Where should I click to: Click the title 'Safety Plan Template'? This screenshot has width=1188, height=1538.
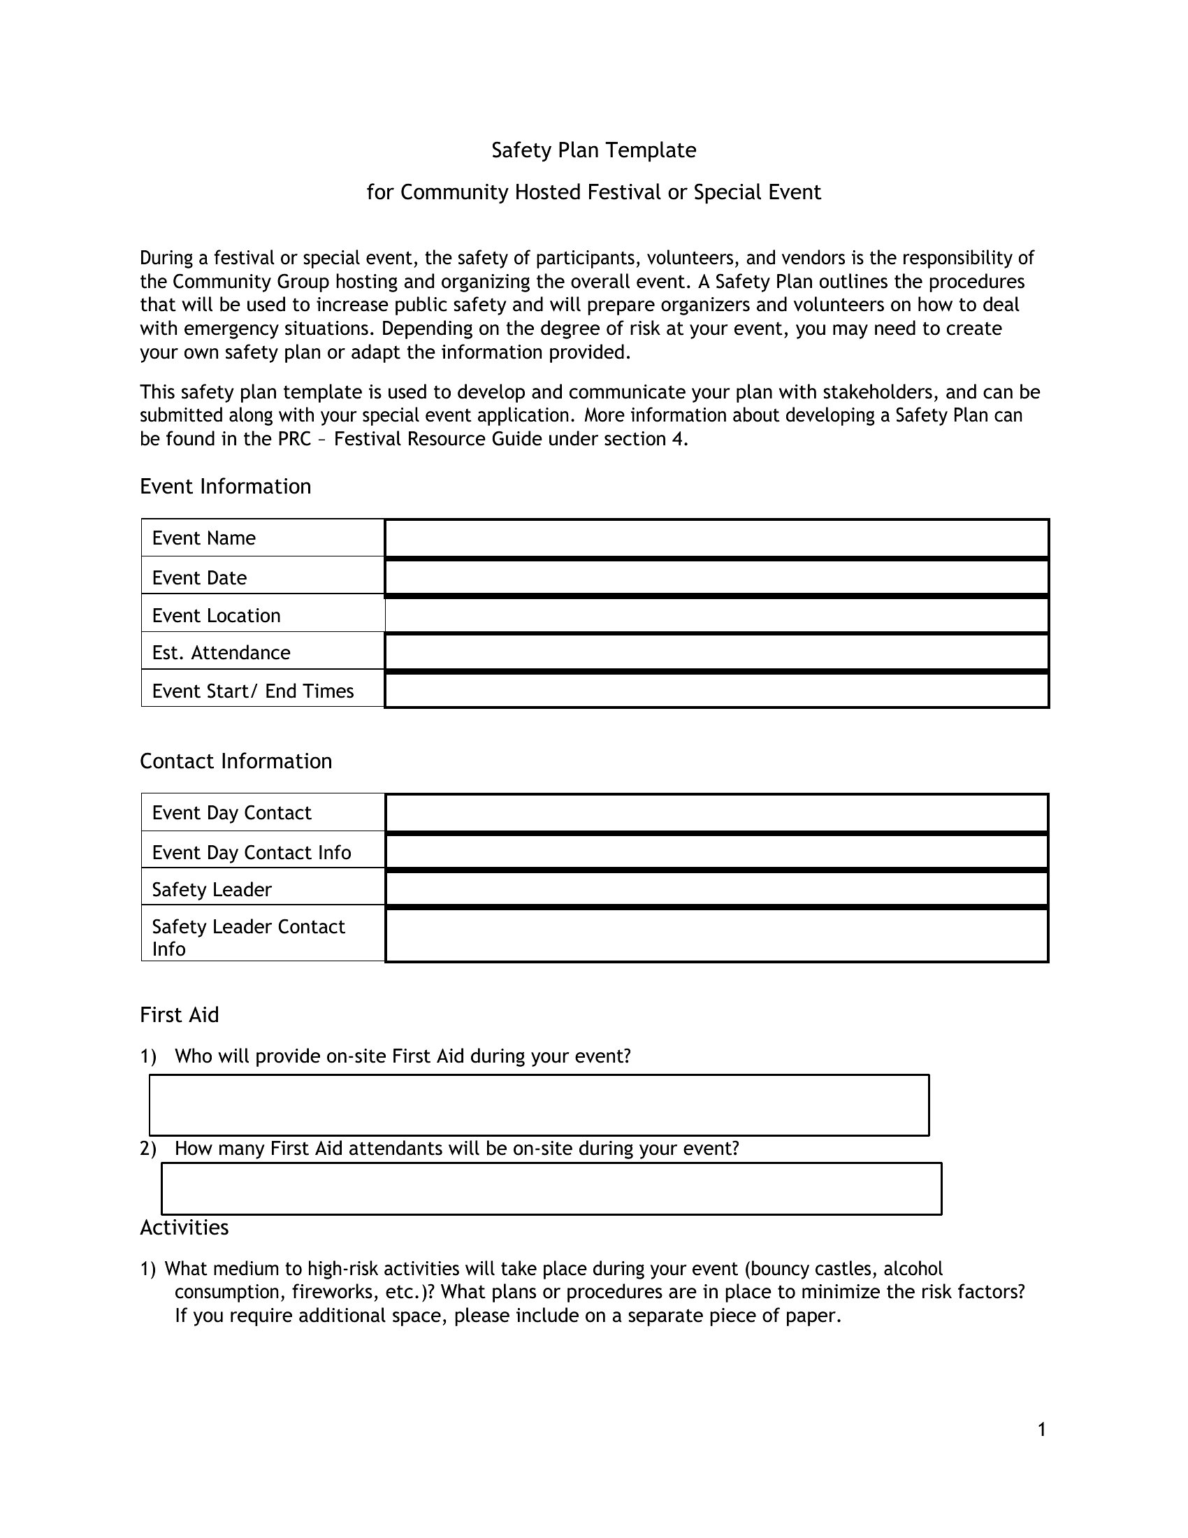point(593,150)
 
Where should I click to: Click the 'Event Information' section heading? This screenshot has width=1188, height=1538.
point(225,487)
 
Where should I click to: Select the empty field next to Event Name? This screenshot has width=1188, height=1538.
point(716,539)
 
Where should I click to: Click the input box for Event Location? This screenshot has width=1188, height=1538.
point(716,615)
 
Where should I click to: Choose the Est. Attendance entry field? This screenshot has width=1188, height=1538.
point(716,653)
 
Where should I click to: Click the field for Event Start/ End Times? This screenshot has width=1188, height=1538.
point(716,691)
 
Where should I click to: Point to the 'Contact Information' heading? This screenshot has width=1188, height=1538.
point(236,761)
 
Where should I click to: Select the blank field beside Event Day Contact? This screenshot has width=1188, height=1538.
point(716,813)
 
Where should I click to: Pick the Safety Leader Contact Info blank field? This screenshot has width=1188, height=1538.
point(716,936)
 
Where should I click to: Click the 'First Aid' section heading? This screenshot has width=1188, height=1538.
point(180,1015)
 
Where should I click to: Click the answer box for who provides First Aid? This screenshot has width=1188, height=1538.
point(539,1105)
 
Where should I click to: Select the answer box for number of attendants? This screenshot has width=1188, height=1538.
point(551,1188)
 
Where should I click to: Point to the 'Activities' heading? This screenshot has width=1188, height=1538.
point(184,1228)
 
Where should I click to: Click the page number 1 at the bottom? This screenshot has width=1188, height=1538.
point(1042,1430)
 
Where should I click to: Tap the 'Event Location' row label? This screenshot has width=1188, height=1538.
point(216,616)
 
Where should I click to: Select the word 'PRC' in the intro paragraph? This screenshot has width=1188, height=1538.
point(294,440)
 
